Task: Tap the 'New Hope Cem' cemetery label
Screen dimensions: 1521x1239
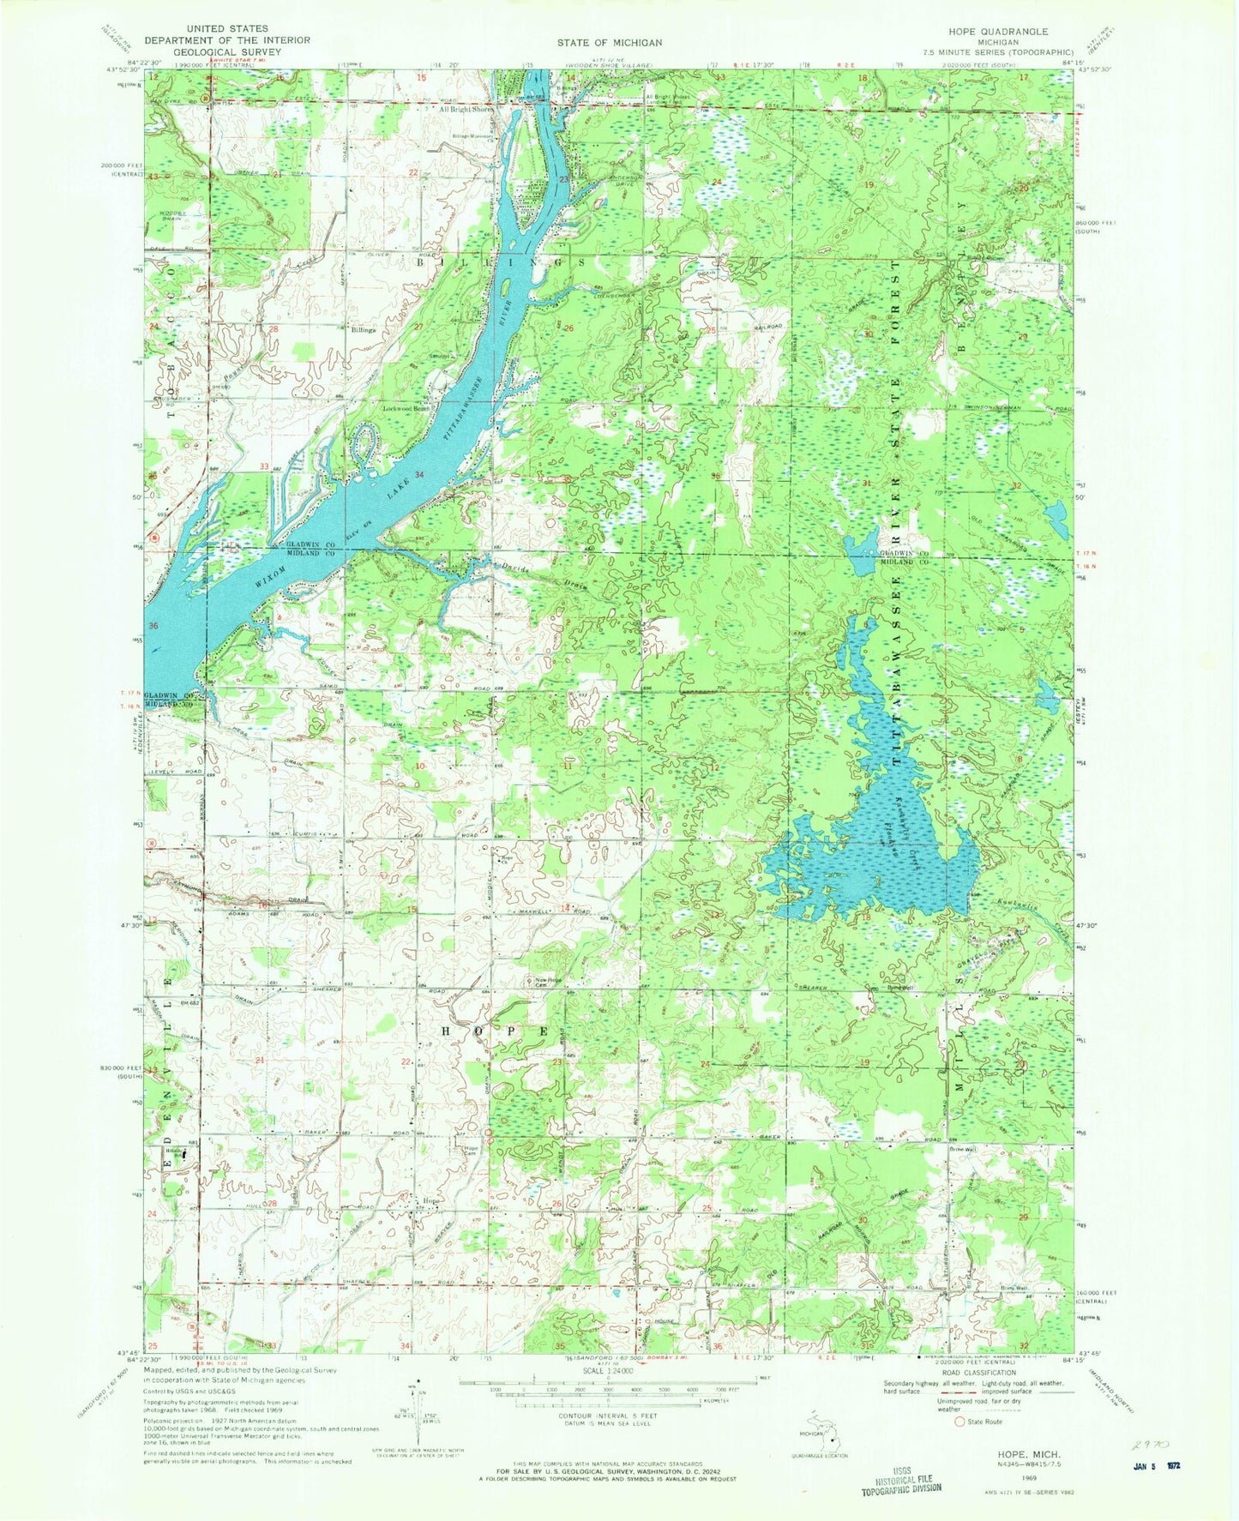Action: [x=549, y=981]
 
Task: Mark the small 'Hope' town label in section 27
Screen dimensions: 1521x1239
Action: [x=430, y=1201]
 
